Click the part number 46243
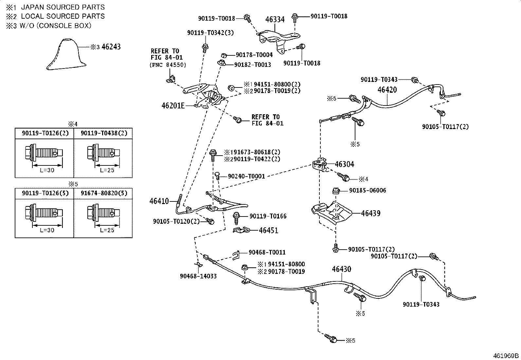point(111,47)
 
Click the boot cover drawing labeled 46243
point(66,54)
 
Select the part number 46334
point(275,19)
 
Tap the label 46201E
point(173,106)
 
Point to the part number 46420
point(387,90)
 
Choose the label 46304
point(345,164)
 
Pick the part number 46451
point(269,230)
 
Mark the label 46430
point(341,269)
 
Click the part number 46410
point(159,201)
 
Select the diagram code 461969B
point(506,356)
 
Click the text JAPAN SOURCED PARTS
point(63,7)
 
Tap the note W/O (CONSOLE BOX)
point(55,26)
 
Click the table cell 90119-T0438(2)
point(104,133)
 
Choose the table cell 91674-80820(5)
point(104,193)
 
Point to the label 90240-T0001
point(246,176)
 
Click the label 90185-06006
point(368,190)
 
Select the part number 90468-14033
point(198,276)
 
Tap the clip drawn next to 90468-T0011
point(236,255)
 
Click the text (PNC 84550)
point(168,65)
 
